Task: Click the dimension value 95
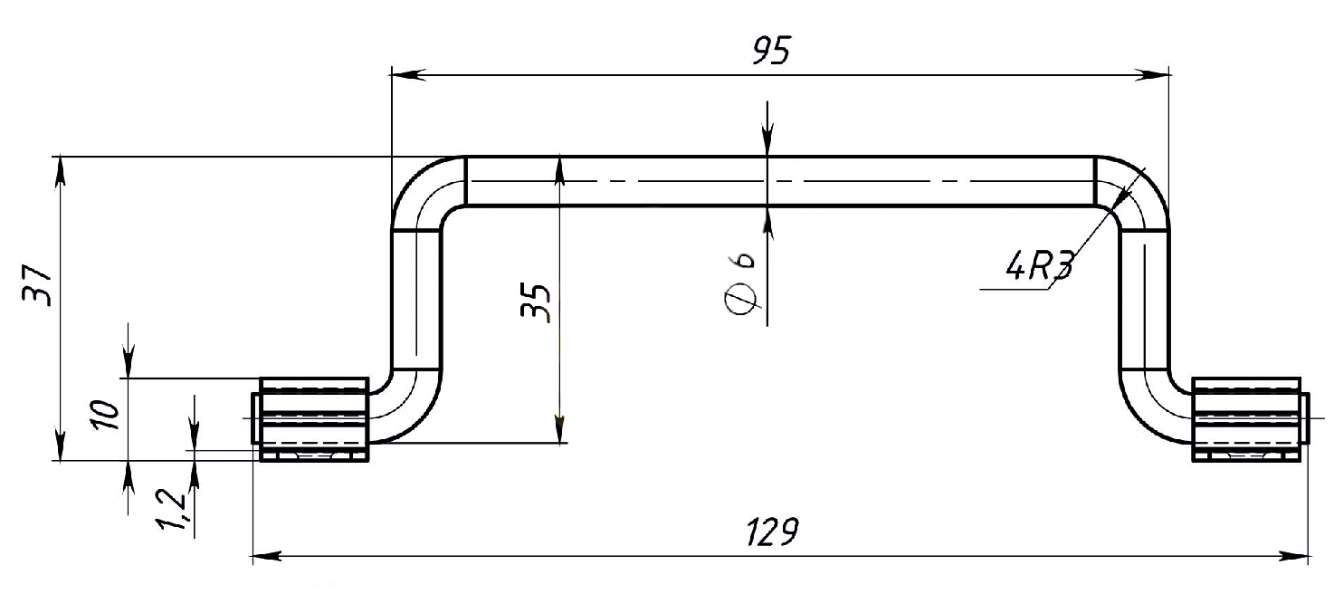[x=771, y=50]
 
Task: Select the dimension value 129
[x=772, y=532]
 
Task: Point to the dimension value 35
[x=536, y=302]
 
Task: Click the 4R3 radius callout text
[x=1040, y=265]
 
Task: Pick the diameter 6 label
[x=741, y=283]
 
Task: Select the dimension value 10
[x=106, y=414]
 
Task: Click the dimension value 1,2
[x=172, y=509]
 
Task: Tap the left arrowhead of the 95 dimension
[x=407, y=74]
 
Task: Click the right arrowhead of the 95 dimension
[x=1152, y=74]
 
